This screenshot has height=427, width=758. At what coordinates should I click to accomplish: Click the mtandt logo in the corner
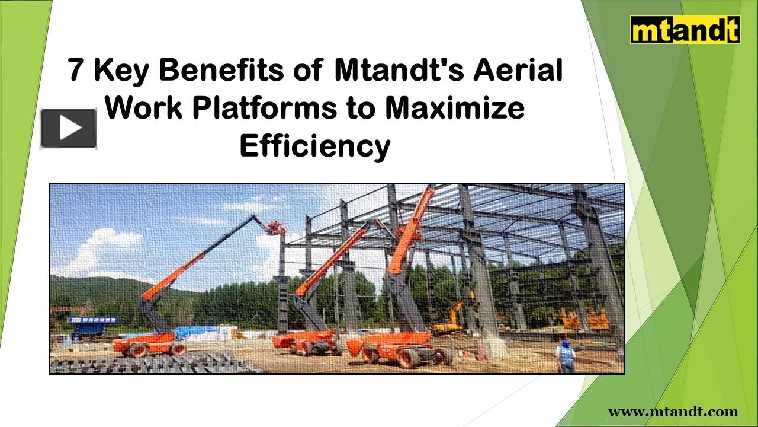pyautogui.click(x=685, y=30)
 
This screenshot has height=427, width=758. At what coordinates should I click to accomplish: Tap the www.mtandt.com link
pyautogui.click(x=673, y=412)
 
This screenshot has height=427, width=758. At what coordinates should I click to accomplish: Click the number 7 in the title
pyautogui.click(x=76, y=71)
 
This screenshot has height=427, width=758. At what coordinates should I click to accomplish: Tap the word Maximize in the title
pyautogui.click(x=455, y=108)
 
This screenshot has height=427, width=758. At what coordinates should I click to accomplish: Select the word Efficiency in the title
pyautogui.click(x=315, y=146)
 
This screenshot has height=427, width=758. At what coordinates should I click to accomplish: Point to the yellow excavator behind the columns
pyautogui.click(x=453, y=317)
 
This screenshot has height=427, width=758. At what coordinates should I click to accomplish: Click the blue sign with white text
pyautogui.click(x=92, y=320)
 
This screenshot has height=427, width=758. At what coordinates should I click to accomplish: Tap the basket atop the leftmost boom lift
pyautogui.click(x=276, y=227)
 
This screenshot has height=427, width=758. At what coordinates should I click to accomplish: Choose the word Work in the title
pyautogui.click(x=144, y=108)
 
